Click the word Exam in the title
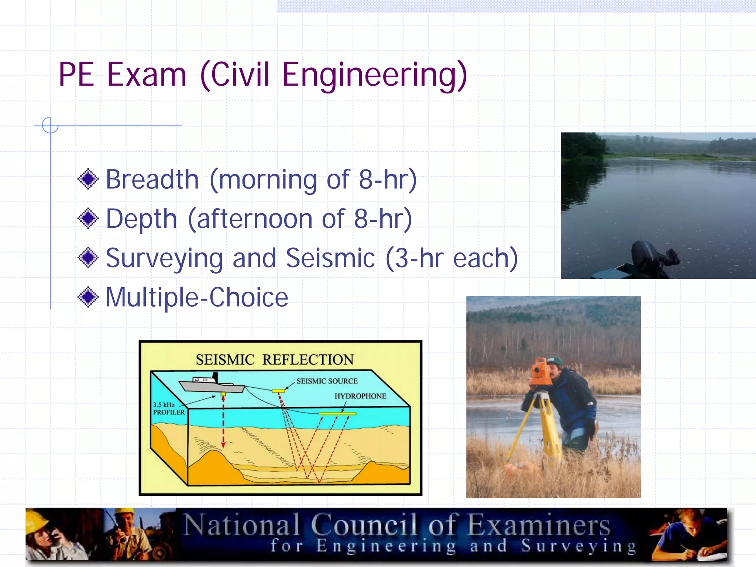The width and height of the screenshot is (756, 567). tap(147, 75)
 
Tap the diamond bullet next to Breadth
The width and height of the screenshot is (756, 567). tap(88, 179)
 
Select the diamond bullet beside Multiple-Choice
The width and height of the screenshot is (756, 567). tap(88, 297)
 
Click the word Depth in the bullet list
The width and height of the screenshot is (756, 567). tap(141, 219)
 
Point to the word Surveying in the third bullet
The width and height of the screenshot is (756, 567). tap(164, 258)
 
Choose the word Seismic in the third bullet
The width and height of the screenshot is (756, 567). tap(330, 258)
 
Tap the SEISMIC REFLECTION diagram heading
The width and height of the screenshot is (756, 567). tap(274, 360)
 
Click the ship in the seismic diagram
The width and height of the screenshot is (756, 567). tap(212, 384)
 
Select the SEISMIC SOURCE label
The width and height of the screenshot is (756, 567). tap(327, 381)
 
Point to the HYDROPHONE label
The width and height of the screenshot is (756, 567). tap(360, 396)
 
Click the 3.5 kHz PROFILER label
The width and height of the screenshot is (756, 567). tap(168, 408)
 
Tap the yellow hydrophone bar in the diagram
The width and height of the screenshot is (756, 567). tap(337, 414)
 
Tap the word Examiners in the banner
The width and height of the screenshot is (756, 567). tap(539, 525)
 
